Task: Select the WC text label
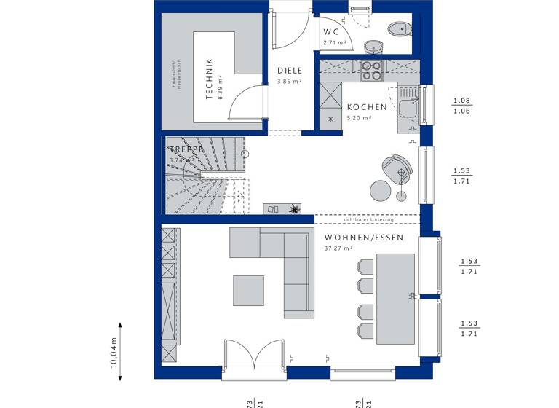click(331, 32)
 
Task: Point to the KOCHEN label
click(367, 107)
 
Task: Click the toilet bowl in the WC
click(398, 29)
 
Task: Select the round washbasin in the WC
click(372, 47)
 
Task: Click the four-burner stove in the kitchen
click(372, 70)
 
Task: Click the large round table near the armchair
click(380, 190)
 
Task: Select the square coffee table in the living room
click(248, 290)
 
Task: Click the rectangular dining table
click(395, 298)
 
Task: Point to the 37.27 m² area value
click(337, 248)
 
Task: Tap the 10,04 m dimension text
click(114, 354)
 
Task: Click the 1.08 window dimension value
click(461, 101)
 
